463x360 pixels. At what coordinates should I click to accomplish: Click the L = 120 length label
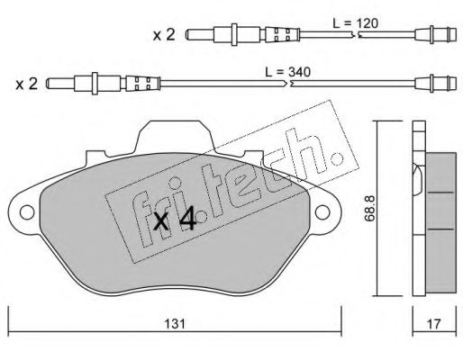355,23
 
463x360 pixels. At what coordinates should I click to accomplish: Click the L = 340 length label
287,72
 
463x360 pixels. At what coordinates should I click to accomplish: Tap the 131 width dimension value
175,324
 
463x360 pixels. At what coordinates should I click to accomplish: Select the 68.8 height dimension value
369,208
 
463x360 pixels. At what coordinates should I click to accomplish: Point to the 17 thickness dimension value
434,324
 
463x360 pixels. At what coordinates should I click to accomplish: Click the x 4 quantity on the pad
175,221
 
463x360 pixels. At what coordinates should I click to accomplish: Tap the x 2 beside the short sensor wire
164,35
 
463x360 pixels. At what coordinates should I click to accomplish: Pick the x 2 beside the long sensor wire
27,84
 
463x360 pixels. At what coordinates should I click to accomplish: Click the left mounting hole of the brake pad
27,212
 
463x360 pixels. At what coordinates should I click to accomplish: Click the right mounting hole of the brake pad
322,212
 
